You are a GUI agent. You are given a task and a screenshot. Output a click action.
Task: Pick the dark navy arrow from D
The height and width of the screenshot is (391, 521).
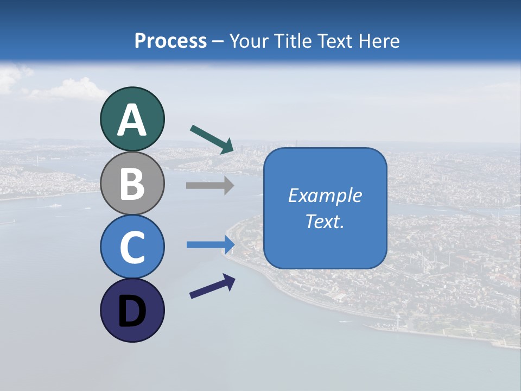pyautogui.click(x=212, y=286)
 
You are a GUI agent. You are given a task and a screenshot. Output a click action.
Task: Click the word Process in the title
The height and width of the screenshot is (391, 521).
pyautogui.click(x=170, y=41)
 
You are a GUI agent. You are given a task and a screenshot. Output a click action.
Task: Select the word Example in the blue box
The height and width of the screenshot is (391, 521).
pyautogui.click(x=325, y=195)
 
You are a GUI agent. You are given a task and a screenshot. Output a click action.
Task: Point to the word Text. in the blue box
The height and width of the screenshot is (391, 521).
pyautogui.click(x=325, y=221)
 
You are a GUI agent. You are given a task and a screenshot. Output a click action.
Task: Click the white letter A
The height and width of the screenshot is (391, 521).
pyautogui.click(x=132, y=121)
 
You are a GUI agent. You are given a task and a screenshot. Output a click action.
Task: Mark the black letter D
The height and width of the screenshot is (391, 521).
pyautogui.click(x=132, y=312)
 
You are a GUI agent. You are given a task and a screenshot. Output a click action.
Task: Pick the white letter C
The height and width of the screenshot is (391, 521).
pyautogui.click(x=132, y=248)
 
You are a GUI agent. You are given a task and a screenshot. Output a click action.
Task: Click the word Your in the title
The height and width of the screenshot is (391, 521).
pyautogui.click(x=250, y=41)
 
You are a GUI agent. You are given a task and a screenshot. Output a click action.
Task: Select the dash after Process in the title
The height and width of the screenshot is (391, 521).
pyautogui.click(x=218, y=41)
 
